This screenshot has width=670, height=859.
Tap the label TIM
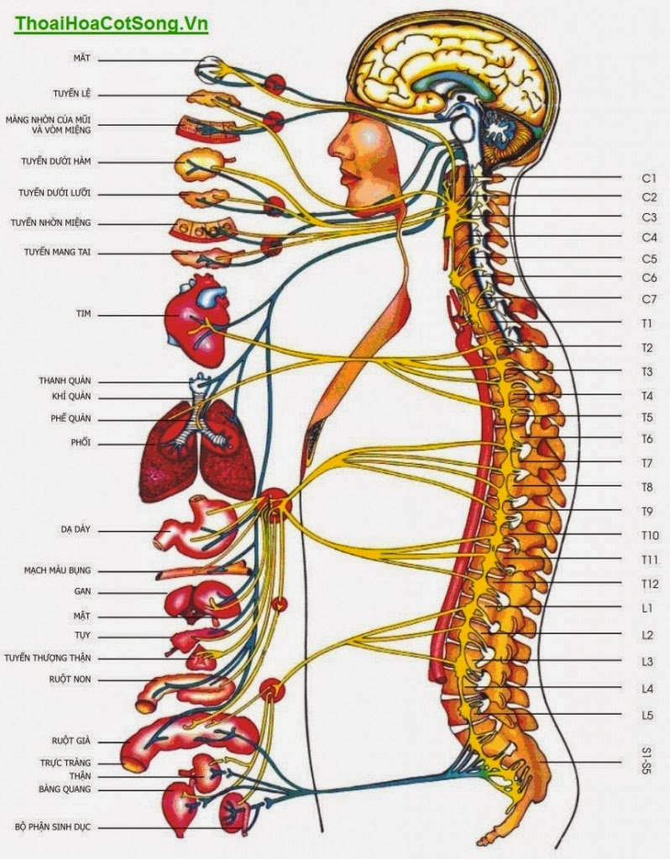coord(82,314)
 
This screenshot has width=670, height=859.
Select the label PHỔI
coord(81,442)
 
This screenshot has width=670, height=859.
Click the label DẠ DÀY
coord(75,530)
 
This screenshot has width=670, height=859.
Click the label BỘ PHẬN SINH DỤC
coord(52,827)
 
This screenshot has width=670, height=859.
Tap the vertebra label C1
coord(648,178)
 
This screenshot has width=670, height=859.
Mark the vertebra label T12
coord(648,583)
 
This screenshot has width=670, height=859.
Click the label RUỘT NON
coord(71,679)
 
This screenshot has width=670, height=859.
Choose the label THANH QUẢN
coord(65,380)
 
